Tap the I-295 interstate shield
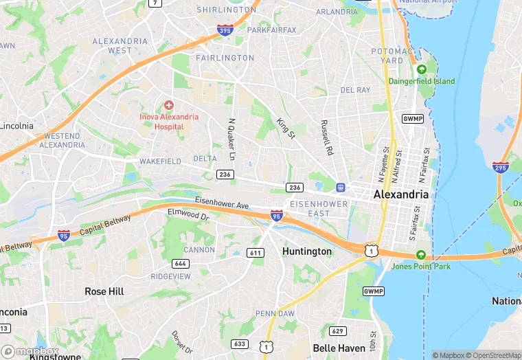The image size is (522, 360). pos(500,167)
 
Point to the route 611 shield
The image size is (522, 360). pos(256,253)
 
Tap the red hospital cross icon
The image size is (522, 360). pos(168,105)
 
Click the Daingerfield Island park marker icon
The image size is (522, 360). pos(422,69)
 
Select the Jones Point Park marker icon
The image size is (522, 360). pos(421,254)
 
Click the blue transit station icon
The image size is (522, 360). pos(339,188)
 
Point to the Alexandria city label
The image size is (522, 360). pos(401,194)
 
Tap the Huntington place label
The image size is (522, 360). pos(307,251)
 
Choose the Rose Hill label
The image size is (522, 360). pos(104,291)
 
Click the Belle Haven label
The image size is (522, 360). pos(338,348)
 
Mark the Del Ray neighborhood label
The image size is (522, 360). pos(355,90)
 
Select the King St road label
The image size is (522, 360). pos(285,128)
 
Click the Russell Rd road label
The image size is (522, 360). pos(326,137)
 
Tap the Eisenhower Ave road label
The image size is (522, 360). pos(222,205)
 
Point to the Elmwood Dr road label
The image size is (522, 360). pos(188,214)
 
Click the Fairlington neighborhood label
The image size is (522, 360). pos(225,58)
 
